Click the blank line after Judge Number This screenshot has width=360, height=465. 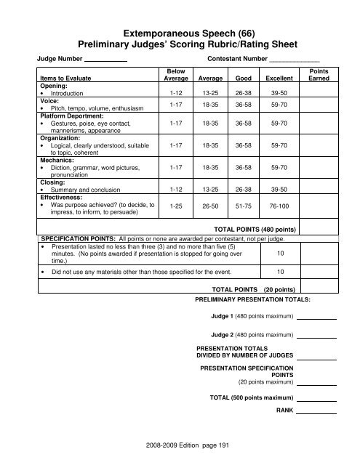[106, 59]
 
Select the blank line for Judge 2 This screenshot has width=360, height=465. [317, 336]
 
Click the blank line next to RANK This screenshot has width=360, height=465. [317, 412]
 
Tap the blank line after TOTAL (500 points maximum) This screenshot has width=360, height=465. [317, 398]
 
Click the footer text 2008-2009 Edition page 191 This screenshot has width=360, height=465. [180, 442]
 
